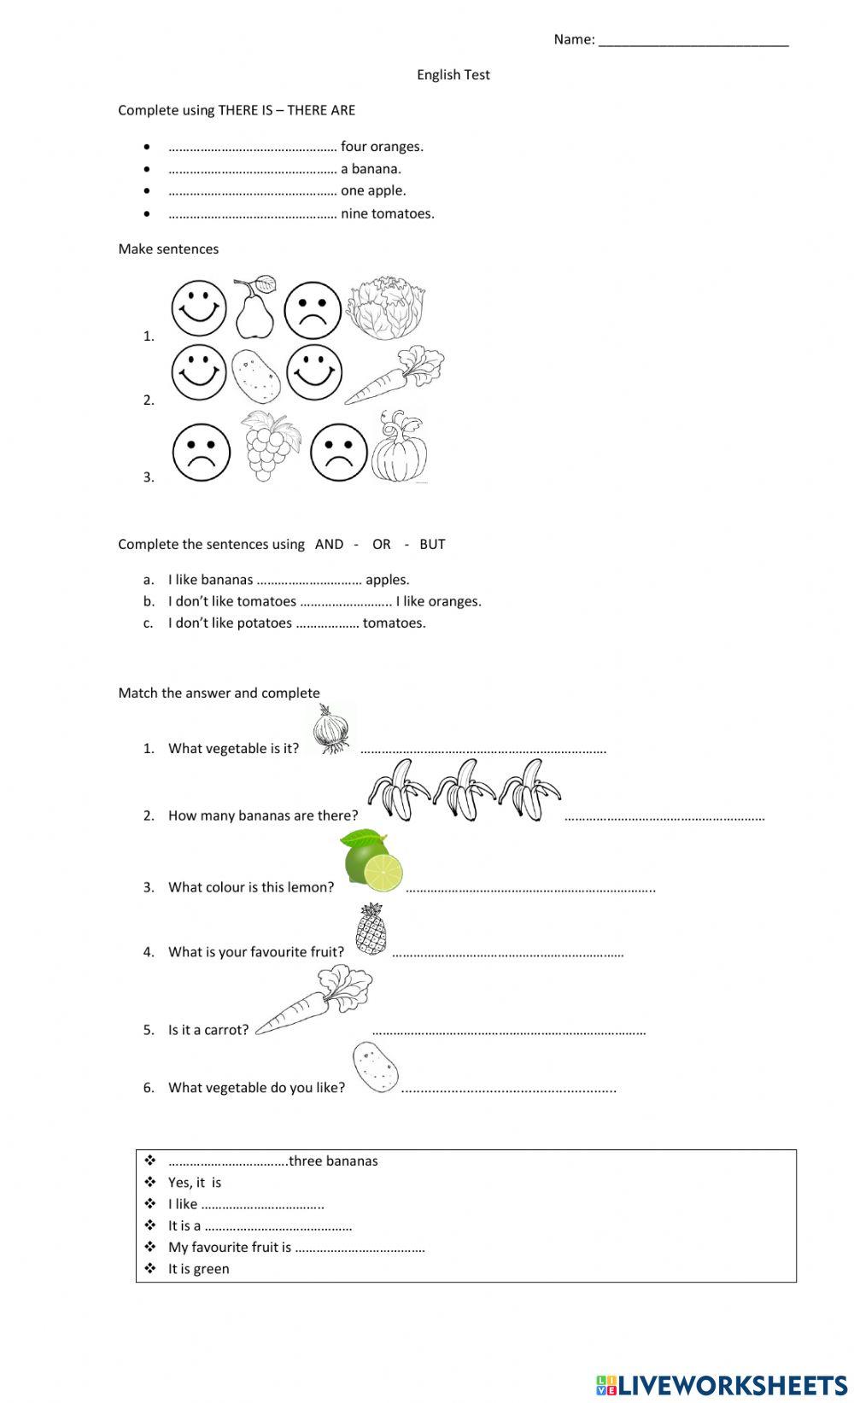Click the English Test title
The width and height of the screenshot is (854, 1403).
coord(453,75)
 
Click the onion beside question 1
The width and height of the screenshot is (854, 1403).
coord(330,731)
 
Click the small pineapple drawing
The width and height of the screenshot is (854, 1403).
coord(371,930)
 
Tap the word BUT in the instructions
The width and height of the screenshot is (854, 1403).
coord(432,545)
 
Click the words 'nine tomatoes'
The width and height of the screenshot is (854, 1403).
coord(387,214)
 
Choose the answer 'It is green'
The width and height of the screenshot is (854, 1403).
coord(198,1269)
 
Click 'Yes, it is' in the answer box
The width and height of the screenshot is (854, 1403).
coord(194,1183)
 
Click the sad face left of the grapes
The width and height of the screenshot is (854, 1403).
coord(202,453)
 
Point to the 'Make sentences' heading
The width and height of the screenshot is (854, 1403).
coord(168,249)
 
